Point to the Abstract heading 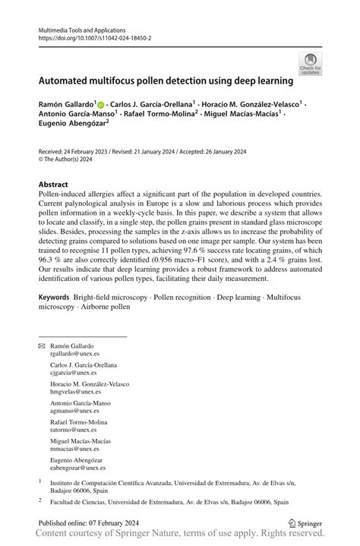coord(53,185)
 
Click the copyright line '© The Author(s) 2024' coord(72,159)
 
